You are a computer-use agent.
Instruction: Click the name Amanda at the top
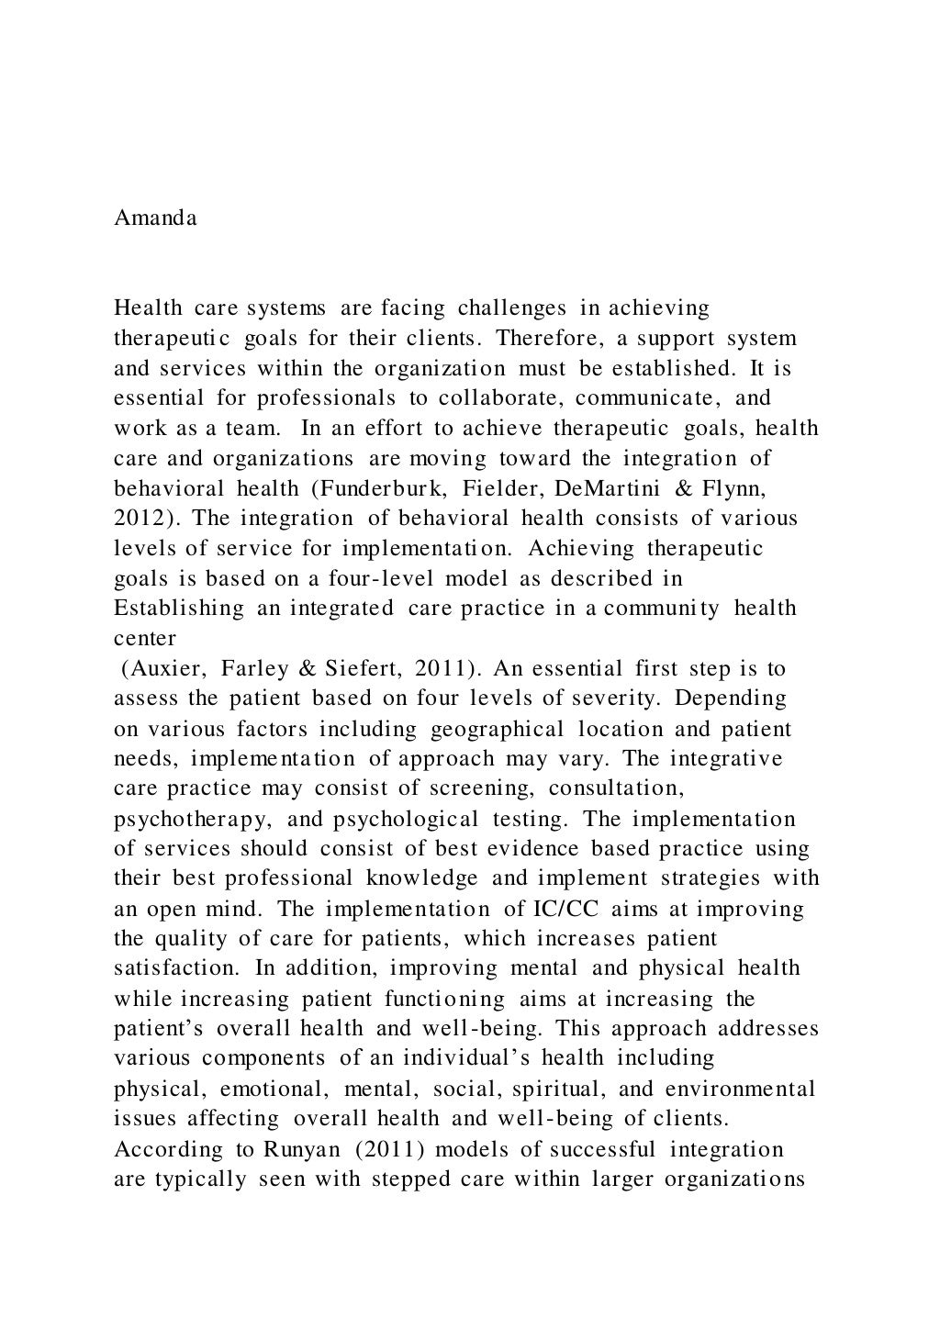155,218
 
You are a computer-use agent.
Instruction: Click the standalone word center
144,638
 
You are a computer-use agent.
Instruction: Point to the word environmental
740,1090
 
